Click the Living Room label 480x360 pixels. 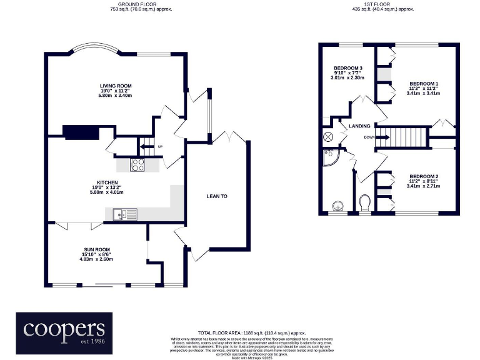pyautogui.click(x=116, y=86)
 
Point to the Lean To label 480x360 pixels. pyautogui.click(x=217, y=196)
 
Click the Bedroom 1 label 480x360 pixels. pyautogui.click(x=424, y=84)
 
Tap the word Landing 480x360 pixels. pyautogui.click(x=359, y=126)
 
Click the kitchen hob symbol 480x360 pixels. pyautogui.click(x=137, y=166)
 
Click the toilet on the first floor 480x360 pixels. pyautogui.click(x=366, y=202)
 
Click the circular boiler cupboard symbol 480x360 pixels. pyautogui.click(x=327, y=137)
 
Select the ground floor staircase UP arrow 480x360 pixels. pyautogui.click(x=146, y=147)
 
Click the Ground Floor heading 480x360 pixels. pyautogui.click(x=141, y=3)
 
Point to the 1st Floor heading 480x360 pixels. pyautogui.click(x=383, y=3)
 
